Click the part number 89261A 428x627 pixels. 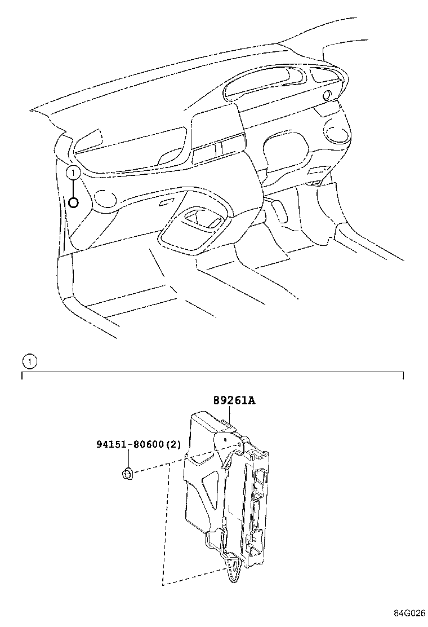tap(234, 401)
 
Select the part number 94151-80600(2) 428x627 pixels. tap(139, 444)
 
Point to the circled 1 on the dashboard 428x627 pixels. tap(73, 173)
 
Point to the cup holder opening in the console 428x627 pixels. tap(200, 220)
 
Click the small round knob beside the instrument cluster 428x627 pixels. tap(327, 95)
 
